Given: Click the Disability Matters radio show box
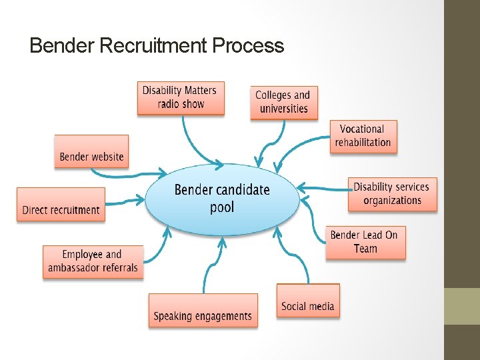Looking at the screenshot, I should [180, 98].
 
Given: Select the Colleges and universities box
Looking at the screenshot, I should [283, 103].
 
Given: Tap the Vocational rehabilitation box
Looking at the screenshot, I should [363, 136].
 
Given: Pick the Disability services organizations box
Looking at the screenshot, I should [392, 194].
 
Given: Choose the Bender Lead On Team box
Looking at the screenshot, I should [365, 242].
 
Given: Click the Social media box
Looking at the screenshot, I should [308, 300].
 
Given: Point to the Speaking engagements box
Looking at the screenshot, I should [203, 310].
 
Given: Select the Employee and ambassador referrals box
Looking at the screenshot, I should [93, 261].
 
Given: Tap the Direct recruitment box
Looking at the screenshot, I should [61, 204].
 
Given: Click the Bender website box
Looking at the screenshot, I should [91, 151].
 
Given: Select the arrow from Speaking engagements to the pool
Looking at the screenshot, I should [209, 267].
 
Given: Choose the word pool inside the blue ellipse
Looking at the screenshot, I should [222, 207].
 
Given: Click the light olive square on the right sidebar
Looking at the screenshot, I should [462, 306].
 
